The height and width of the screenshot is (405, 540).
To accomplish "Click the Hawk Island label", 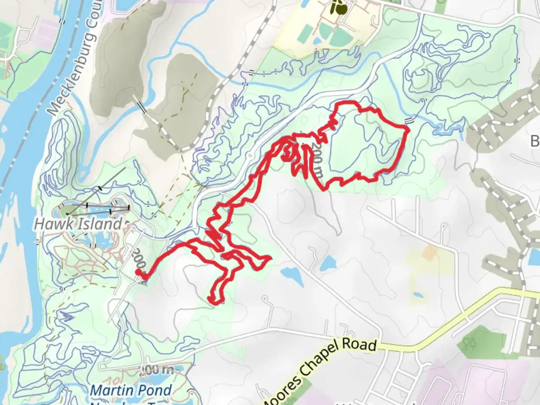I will (x=78, y=224).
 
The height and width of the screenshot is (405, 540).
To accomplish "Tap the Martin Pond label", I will (x=131, y=390).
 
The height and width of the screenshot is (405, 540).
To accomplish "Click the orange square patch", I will (x=429, y=253).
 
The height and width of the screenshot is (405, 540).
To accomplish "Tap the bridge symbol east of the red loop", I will (x=411, y=120).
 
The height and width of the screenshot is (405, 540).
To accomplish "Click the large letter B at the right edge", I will (x=535, y=141).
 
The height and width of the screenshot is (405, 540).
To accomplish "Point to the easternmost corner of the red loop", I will (x=407, y=129).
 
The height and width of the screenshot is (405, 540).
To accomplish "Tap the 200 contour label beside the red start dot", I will (x=138, y=258).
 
